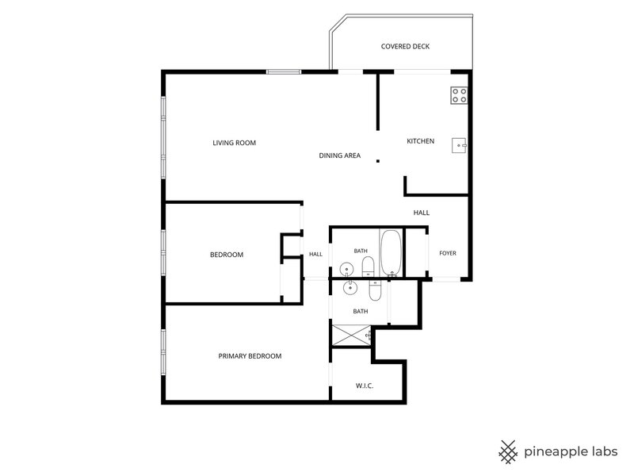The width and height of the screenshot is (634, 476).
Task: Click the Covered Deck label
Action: pos(405,47)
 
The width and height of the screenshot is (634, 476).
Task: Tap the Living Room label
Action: pos(234,143)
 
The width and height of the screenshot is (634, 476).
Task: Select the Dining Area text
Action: pos(340,155)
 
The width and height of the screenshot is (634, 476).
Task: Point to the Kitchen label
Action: pos(421,141)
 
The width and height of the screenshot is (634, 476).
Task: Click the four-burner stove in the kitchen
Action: pos(460,95)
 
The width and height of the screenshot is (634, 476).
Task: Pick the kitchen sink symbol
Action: pos(460,145)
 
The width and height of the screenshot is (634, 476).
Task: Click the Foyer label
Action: pos(448,253)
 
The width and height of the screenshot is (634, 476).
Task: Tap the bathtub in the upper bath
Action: pos(391,253)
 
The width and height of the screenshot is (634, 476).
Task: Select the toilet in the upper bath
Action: pos(368,266)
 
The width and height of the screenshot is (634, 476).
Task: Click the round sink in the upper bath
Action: pos(346,268)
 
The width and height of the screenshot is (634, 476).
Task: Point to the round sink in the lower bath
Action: pos(349,288)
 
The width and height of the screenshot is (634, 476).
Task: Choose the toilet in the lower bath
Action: pos(375,290)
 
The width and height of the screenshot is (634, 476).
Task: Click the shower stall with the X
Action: pos(351,336)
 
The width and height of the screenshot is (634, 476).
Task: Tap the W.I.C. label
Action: pos(365,386)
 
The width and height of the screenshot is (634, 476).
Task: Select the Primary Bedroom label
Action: pos(250,356)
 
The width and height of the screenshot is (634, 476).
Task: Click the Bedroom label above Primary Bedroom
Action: pos(227,255)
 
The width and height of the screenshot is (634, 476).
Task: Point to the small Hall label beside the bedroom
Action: pos(315,255)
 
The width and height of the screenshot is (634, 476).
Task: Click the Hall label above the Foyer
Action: pos(422,213)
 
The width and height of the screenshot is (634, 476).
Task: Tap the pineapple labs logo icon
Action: pos(508,451)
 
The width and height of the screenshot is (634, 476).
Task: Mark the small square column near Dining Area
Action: pos(378,161)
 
